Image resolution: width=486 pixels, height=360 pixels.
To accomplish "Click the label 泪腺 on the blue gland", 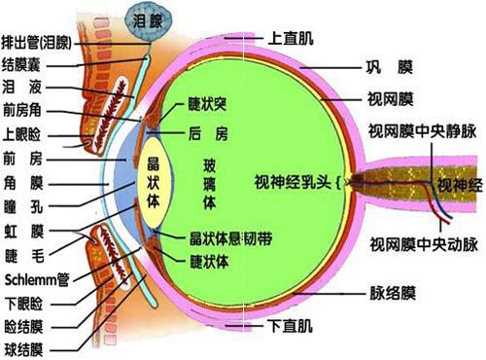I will coord(148,17).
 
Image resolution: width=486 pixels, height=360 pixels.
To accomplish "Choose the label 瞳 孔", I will coord(24,205).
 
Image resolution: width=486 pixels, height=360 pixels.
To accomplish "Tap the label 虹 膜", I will coord(24,231).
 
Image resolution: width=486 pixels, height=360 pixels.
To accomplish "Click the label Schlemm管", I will coord(36,277).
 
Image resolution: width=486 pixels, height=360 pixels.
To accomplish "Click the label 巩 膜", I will coord(392,68).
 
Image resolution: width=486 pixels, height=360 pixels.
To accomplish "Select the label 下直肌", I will coord(288,323).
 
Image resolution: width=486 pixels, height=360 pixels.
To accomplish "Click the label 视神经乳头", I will coord(293,181).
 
